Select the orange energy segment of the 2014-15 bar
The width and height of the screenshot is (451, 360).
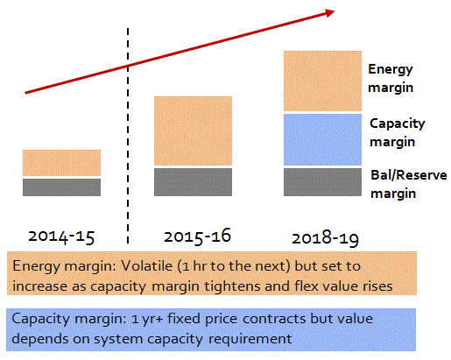pos(61,163)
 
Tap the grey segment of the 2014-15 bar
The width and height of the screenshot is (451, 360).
pos(61,187)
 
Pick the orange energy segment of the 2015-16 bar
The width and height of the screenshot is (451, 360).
pos(193,131)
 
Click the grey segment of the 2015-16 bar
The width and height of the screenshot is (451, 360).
pos(193,181)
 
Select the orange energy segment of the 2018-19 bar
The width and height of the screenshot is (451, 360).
pos(322,81)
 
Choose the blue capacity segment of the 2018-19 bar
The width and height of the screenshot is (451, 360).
pos(322,139)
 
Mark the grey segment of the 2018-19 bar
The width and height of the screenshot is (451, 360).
pos(322,181)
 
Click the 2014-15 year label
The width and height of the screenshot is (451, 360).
pos(61,236)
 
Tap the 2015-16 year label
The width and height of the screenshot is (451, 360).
pos(195,236)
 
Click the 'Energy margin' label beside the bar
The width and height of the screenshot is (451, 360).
pos(391,77)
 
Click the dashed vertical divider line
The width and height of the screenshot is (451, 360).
pos(130,131)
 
